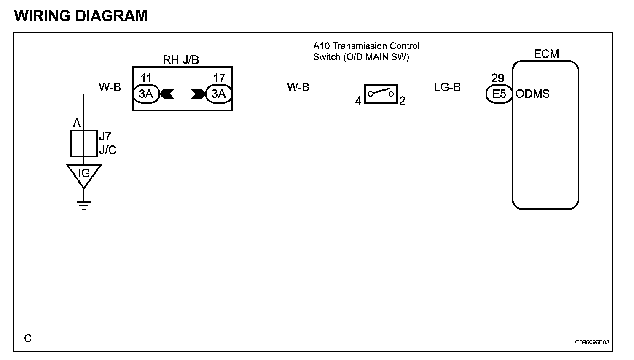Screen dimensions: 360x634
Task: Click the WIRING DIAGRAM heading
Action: [81, 16]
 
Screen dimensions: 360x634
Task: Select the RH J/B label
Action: [180, 60]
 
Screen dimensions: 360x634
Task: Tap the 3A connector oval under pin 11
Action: [146, 94]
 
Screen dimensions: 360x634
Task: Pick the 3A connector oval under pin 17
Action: [218, 94]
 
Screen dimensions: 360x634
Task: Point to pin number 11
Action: [146, 78]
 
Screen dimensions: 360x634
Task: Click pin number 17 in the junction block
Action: [219, 78]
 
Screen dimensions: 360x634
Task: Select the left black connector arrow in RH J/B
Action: [167, 94]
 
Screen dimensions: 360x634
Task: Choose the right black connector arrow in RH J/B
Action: [197, 94]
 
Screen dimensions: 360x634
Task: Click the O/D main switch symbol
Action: [380, 94]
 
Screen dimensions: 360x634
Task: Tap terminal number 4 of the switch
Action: [358, 101]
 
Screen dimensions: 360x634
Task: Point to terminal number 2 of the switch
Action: [402, 101]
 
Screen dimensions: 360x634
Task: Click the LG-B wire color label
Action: [447, 87]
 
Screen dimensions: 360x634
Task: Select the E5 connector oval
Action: [499, 94]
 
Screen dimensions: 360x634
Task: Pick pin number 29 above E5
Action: [498, 78]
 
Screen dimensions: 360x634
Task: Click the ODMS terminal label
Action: [532, 94]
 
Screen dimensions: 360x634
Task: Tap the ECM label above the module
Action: [546, 54]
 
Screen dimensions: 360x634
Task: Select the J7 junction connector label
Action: [105, 136]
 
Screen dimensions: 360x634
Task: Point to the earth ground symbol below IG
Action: [84, 206]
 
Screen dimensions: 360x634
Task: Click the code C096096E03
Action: [592, 342]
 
